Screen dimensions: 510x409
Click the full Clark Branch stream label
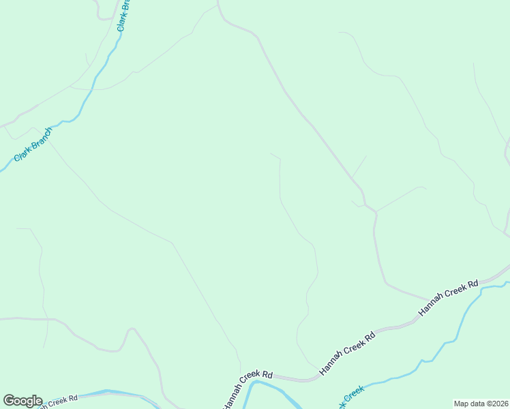coord(33,144)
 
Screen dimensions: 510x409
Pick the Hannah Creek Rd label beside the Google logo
coord(60,400)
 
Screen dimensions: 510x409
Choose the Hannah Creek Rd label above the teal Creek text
coord(348,352)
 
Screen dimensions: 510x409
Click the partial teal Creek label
coord(350,397)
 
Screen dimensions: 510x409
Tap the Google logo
coord(22,401)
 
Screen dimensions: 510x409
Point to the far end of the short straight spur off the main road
coord(367,156)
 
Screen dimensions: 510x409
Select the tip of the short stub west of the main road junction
coord(351,201)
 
